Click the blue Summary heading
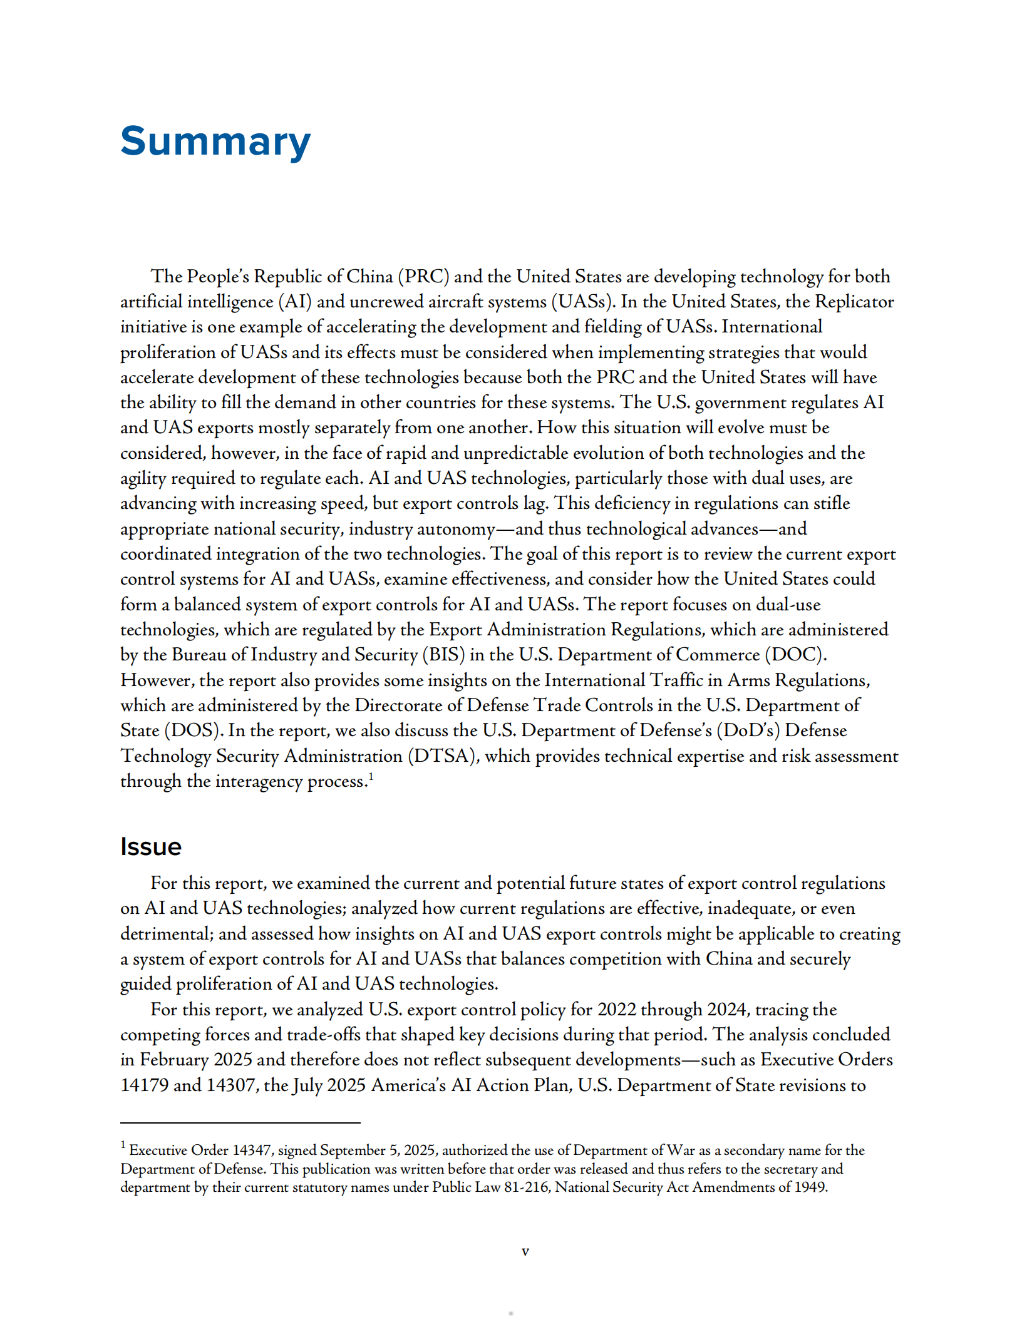click(x=215, y=141)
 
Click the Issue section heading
click(x=150, y=847)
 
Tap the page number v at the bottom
click(x=525, y=1251)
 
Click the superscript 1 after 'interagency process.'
click(x=371, y=776)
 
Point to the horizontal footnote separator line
click(x=240, y=1123)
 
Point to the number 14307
click(x=232, y=1085)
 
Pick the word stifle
click(x=832, y=504)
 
